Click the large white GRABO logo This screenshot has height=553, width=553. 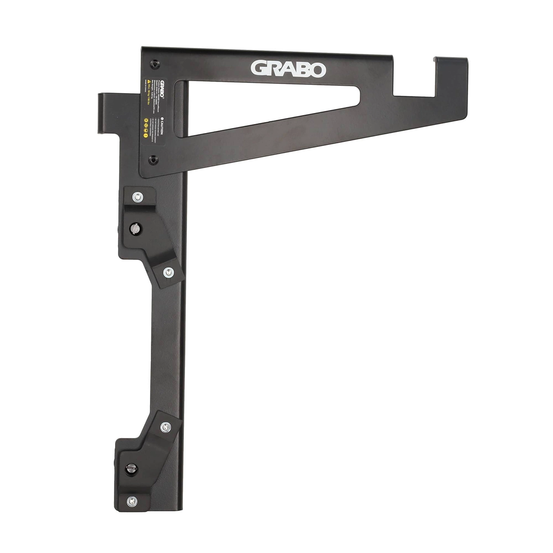tap(288, 69)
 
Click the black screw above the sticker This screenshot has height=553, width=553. tap(154, 63)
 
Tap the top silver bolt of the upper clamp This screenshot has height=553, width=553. tap(138, 198)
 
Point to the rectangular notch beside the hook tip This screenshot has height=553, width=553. tap(415, 74)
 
